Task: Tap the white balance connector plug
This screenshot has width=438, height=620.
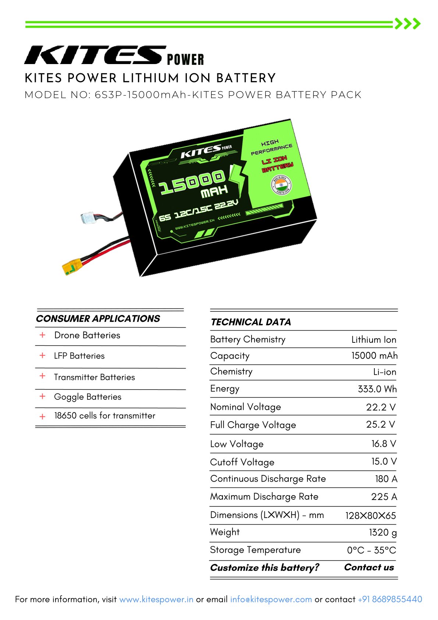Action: click(88, 218)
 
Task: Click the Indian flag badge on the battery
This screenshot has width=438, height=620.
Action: click(281, 184)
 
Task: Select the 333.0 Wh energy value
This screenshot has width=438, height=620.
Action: click(377, 389)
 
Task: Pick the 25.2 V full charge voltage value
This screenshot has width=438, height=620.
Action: click(381, 424)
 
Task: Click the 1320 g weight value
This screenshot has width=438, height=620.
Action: click(383, 532)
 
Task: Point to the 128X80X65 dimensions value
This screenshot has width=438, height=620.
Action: click(371, 516)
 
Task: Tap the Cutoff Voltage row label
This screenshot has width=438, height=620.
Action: click(242, 462)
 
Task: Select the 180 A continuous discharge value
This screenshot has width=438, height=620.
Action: click(386, 479)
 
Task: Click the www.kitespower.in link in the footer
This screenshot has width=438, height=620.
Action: click(156, 599)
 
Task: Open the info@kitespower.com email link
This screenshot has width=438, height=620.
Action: click(271, 599)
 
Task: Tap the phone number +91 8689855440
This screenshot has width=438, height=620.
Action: click(390, 599)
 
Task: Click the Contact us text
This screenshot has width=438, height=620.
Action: click(369, 567)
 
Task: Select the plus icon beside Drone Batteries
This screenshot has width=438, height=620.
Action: click(42, 335)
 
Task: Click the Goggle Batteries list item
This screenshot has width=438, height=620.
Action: click(88, 397)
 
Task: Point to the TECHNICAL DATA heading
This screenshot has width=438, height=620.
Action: click(250, 322)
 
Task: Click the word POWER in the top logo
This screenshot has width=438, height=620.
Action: click(185, 60)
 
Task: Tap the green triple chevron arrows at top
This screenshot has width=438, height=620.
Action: click(407, 24)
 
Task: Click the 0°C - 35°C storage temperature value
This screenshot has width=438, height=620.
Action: click(371, 550)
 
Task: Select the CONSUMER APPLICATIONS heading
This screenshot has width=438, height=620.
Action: click(98, 318)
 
